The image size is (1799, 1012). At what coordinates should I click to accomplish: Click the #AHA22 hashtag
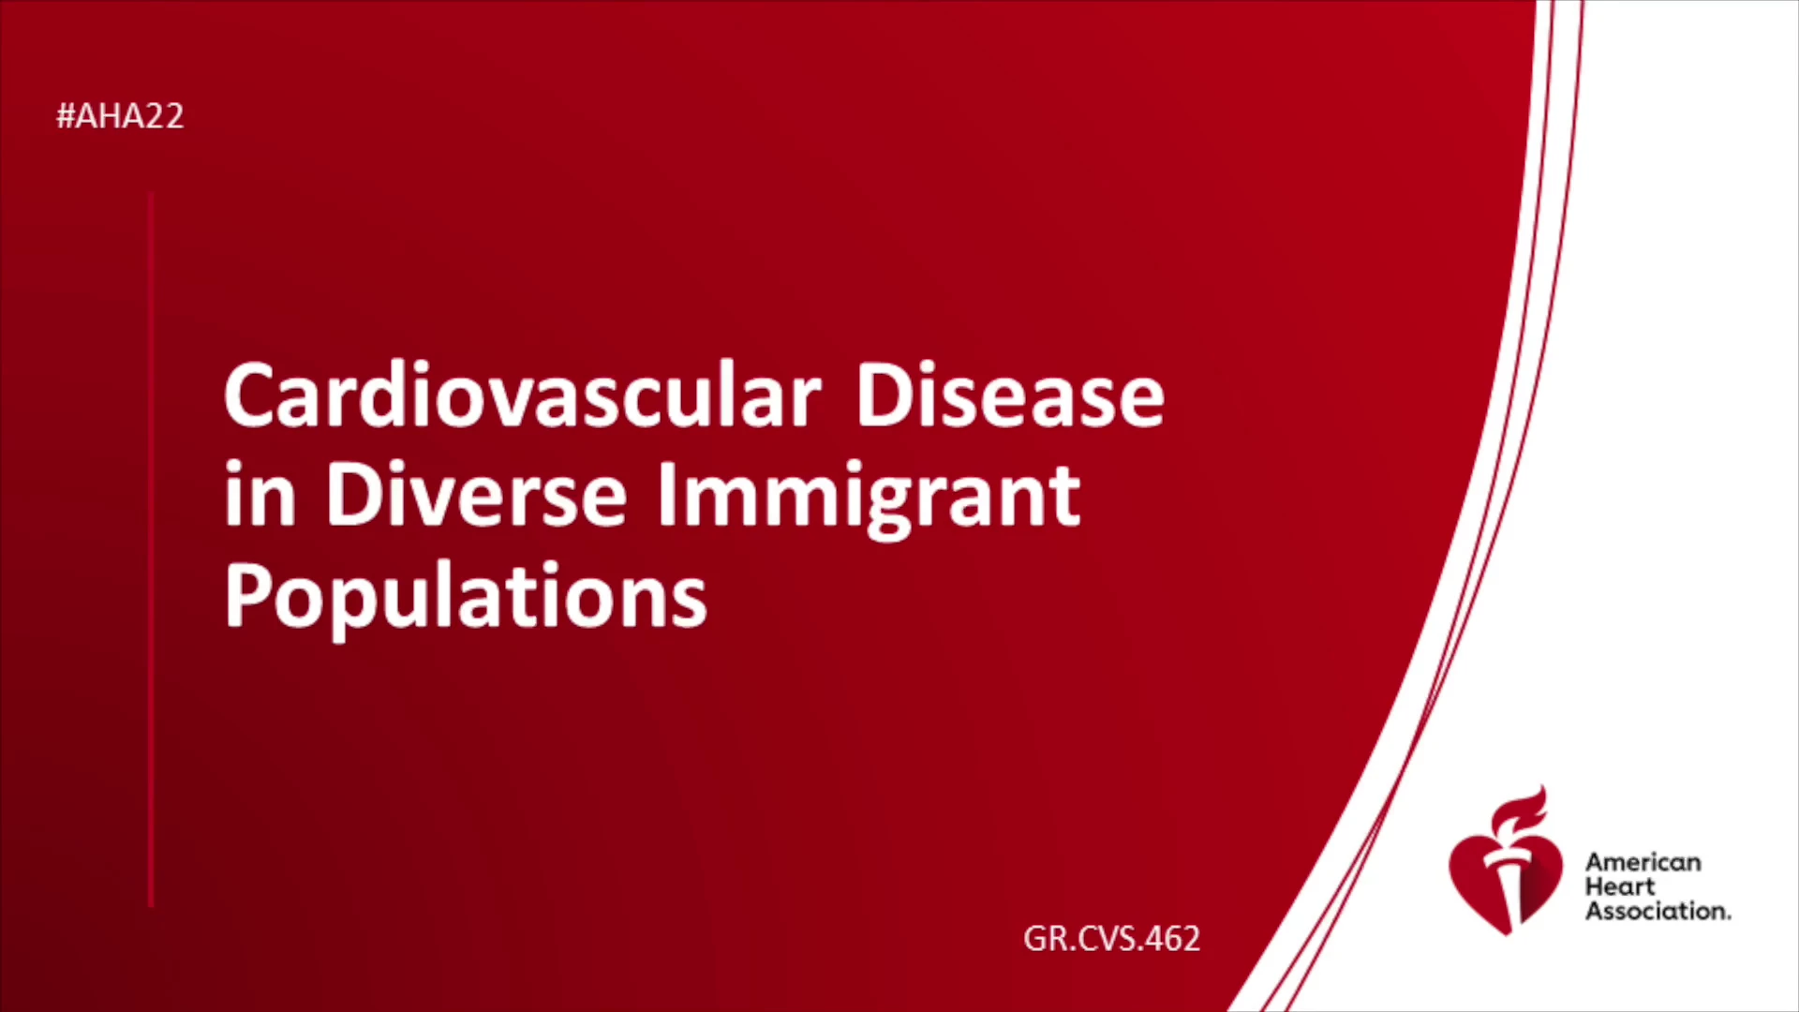120,116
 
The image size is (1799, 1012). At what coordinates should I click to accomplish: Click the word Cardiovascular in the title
523,395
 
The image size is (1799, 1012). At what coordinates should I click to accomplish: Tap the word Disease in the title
1010,395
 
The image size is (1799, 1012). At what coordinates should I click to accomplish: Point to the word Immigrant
869,499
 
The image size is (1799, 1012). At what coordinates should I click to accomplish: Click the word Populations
466,597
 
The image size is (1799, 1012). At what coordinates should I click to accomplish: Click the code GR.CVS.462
1111,938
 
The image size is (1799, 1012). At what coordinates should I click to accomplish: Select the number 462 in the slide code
1172,938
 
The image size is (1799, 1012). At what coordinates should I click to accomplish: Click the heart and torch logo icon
1506,861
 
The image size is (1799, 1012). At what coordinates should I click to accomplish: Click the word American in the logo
1643,862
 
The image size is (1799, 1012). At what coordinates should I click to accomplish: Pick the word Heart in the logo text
1619,886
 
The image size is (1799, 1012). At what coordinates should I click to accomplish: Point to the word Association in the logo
1658,911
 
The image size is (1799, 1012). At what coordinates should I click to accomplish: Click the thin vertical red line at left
151,549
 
